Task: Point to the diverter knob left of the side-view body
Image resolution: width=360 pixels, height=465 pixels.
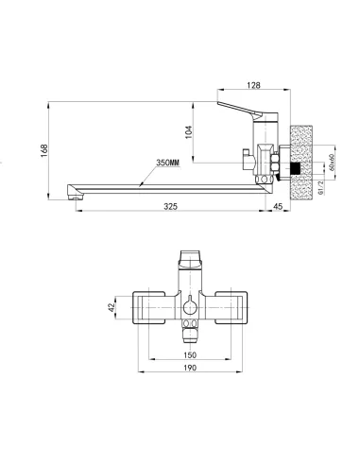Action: pyautogui.click(x=245, y=154)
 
